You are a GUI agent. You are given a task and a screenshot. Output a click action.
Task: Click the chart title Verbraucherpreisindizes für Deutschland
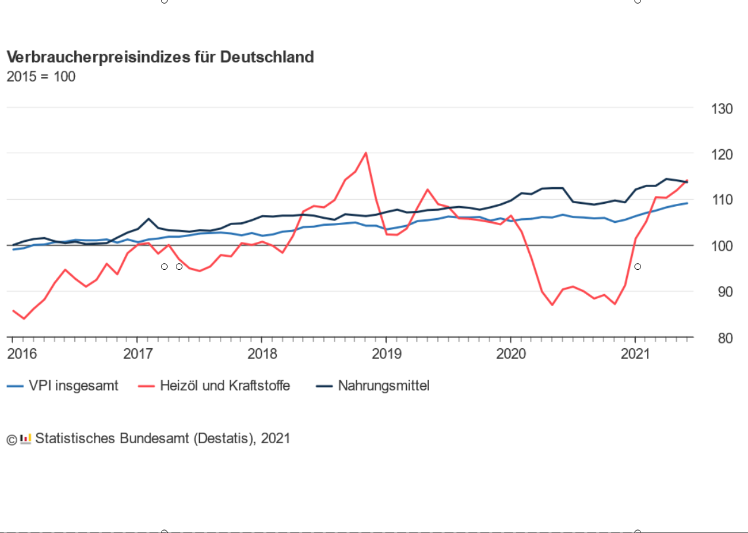pyautogui.click(x=160, y=57)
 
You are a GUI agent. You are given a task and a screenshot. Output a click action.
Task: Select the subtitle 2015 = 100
pyautogui.click(x=41, y=77)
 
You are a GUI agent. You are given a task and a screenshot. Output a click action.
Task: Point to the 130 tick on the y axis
pyautogui.click(x=721, y=109)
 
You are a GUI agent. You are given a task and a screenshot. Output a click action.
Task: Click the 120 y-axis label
pyautogui.click(x=721, y=154)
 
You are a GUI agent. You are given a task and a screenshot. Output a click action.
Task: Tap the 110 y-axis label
pyautogui.click(x=721, y=200)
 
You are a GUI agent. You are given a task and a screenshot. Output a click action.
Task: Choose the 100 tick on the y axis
pyautogui.click(x=721, y=245)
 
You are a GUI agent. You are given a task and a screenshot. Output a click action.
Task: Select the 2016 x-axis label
pyautogui.click(x=21, y=354)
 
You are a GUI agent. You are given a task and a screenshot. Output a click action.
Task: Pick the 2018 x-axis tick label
pyautogui.click(x=262, y=354)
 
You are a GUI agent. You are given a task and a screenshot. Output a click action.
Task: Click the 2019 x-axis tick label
pyautogui.click(x=386, y=354)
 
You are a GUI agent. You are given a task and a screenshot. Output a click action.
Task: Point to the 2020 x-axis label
pyautogui.click(x=511, y=354)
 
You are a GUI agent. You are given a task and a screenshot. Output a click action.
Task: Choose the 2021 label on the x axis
pyautogui.click(x=635, y=354)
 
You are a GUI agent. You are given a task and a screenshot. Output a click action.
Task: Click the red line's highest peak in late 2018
pyautogui.click(x=365, y=153)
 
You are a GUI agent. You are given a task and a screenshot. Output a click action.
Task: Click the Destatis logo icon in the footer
pyautogui.click(x=26, y=439)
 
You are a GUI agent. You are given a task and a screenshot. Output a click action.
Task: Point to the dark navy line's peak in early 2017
pyautogui.click(x=149, y=219)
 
